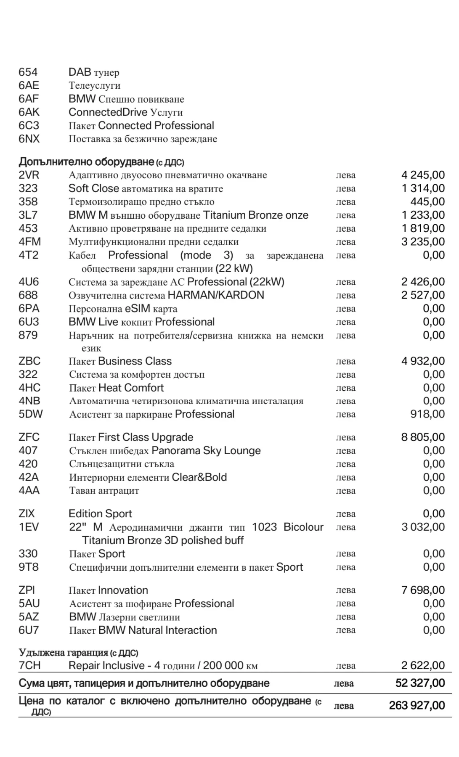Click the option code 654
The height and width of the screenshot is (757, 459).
pos(28,72)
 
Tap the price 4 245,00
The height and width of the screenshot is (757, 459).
pos(423,175)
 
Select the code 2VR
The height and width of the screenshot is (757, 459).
pos(29,175)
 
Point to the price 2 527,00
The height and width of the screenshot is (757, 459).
pos(423,295)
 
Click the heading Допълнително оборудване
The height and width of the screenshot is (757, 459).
pos(86,162)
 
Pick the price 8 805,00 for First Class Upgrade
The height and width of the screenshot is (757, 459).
pos(423,437)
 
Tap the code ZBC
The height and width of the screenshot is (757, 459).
pos(29,361)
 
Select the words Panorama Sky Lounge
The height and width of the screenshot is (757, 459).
pos(206,451)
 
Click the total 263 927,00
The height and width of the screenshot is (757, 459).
pos(417,705)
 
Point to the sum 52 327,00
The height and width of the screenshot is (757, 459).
pos(420,683)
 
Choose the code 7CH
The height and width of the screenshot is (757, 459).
pos(29,666)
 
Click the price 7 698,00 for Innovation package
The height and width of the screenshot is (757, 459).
pos(423,590)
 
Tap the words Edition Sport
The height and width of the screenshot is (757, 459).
pos(100,514)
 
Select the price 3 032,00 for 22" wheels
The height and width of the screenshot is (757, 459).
pos(423,527)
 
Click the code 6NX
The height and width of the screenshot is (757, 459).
pos(29,139)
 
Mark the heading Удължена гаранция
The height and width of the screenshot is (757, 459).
pos(64,653)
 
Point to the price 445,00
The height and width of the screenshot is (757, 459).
pos(427,202)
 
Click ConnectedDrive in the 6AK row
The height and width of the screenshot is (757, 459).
pos(108,112)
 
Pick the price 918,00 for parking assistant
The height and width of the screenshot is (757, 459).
pos(427,414)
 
